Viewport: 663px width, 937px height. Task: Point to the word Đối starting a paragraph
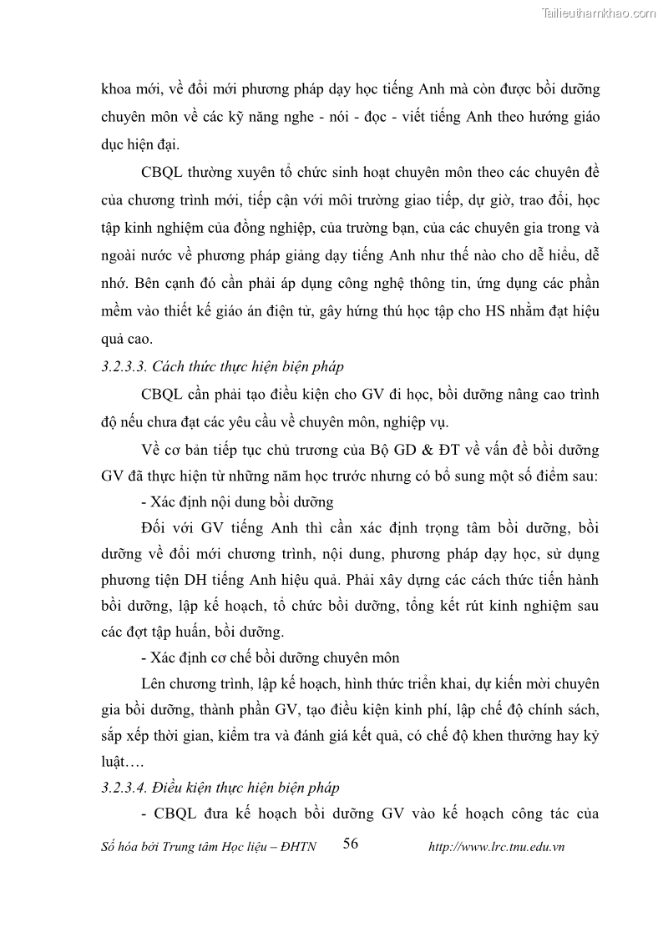click(x=157, y=528)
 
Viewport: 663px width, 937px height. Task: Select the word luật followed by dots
click(x=113, y=761)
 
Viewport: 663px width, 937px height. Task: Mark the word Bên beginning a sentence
click(x=148, y=283)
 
